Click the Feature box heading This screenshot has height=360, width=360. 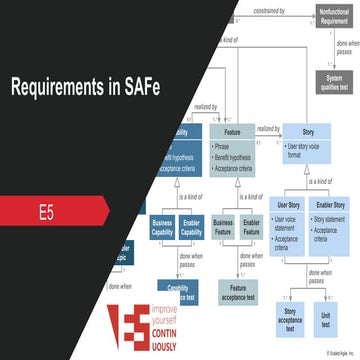[x=232, y=131]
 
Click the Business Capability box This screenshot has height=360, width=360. [x=162, y=228]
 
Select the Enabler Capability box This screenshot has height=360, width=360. [x=191, y=228]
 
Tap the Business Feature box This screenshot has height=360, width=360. [x=223, y=228]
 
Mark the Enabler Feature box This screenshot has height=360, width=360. [x=252, y=228]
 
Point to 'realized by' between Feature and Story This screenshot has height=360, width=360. [x=268, y=128]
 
